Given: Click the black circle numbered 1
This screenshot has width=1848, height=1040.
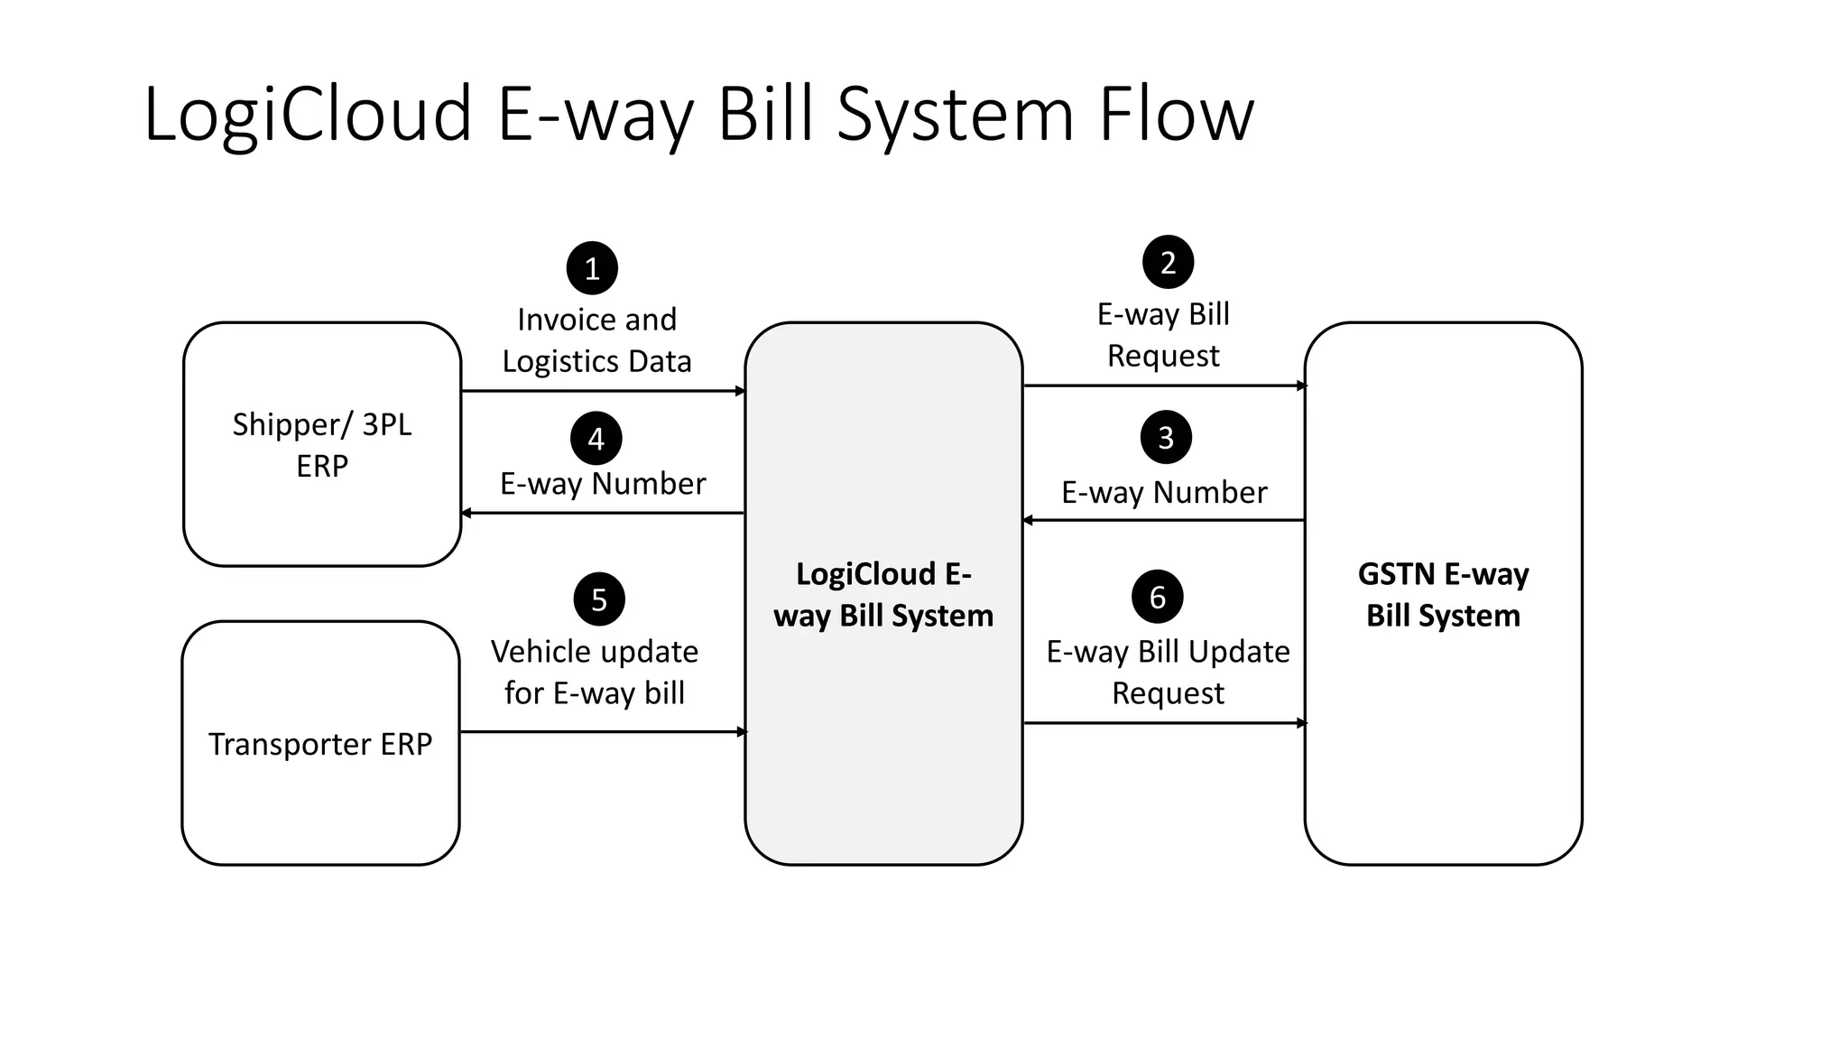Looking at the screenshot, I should tap(592, 268).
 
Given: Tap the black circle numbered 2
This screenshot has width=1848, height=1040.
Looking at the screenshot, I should tap(1168, 262).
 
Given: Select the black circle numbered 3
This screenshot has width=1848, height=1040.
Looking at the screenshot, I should tap(1166, 438).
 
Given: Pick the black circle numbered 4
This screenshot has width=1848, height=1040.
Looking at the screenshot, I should tap(596, 439).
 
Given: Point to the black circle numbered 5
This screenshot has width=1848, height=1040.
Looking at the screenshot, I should tap(599, 599).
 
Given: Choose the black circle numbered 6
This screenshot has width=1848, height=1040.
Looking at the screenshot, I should tap(1158, 597).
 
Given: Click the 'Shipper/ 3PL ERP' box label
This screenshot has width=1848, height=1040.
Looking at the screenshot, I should tap(322, 445).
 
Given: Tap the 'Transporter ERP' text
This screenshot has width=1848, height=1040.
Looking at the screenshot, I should tap(320, 744).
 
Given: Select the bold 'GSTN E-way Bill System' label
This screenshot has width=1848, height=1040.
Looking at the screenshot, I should tap(1443, 594).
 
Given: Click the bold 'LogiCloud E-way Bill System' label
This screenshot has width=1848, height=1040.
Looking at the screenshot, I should tap(883, 594).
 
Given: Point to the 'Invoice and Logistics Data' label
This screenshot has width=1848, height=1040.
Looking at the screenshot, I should tap(596, 340).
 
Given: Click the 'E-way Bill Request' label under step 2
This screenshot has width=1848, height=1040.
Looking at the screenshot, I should tap(1163, 335).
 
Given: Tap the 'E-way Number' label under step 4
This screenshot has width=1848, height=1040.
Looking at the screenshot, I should tap(603, 484).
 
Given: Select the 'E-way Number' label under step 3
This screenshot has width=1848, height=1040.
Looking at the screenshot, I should tap(1164, 493).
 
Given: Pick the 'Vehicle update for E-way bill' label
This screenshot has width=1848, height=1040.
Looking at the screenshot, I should tap(595, 673).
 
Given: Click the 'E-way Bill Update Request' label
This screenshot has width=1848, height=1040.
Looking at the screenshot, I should tap(1168, 673).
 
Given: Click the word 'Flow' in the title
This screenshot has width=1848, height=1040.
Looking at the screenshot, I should tap(1176, 115).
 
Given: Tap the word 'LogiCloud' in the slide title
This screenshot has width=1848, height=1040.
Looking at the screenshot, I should tap(308, 115).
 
